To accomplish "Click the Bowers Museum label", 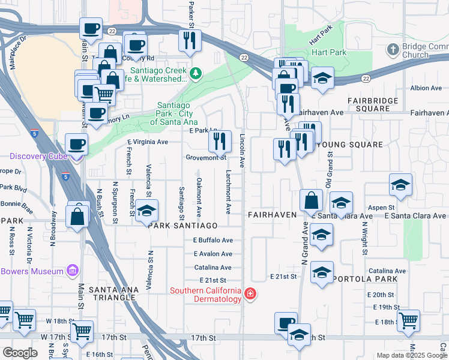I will [x=32, y=271].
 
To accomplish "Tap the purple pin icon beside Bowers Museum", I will [x=73, y=271].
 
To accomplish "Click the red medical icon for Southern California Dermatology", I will [x=250, y=295].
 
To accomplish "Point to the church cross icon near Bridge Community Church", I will [x=393, y=49].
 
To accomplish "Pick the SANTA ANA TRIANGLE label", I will [x=113, y=289].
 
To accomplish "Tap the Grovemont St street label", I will [x=206, y=158].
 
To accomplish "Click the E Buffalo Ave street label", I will [x=212, y=240].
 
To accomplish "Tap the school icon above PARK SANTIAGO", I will [x=146, y=210].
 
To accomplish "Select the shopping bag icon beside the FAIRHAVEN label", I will [x=312, y=200].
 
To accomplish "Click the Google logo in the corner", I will [x=20, y=353].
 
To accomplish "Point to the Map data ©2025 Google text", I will [x=411, y=355].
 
